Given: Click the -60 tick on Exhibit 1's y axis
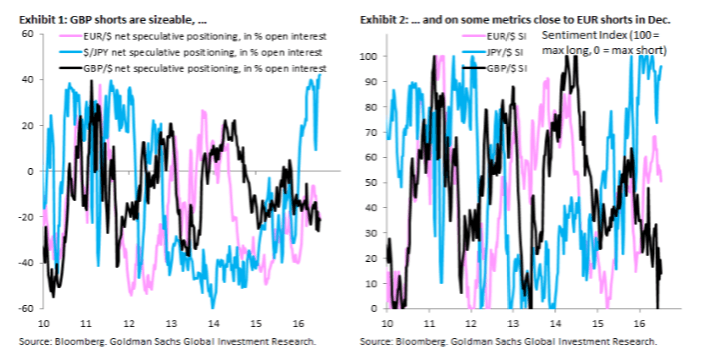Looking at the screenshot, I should [25, 308].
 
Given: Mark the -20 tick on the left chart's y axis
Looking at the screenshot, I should [25, 217].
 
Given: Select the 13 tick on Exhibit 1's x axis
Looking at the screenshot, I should [172, 323].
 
